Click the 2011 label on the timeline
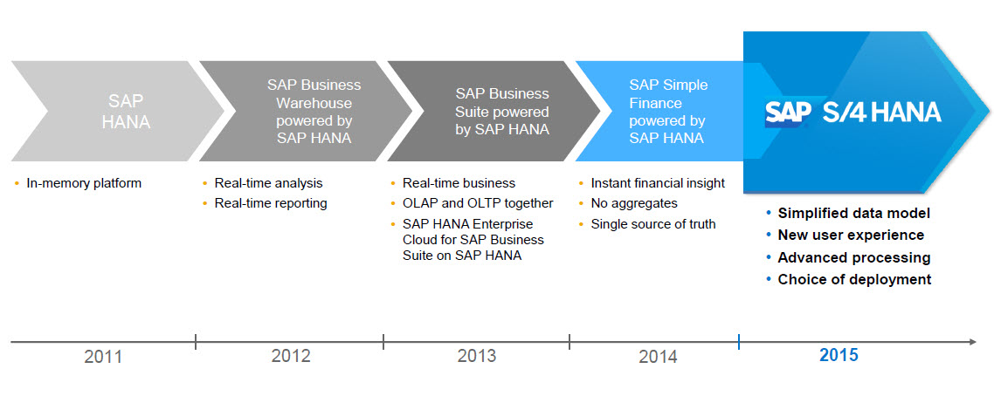[x=103, y=356]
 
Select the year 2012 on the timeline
[x=291, y=356]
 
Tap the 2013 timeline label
[x=476, y=356]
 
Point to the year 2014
[x=658, y=356]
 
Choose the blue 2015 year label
[x=839, y=355]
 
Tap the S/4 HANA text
[x=881, y=112]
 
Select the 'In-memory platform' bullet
[x=84, y=183]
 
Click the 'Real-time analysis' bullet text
[x=268, y=183]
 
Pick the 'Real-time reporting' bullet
[x=271, y=203]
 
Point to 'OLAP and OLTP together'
[x=478, y=203]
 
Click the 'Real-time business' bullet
[x=459, y=183]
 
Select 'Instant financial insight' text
[x=658, y=183]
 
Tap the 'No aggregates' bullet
[x=634, y=203]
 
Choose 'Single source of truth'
[x=653, y=224]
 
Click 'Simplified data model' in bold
[x=853, y=213]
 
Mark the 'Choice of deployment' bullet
[x=854, y=279]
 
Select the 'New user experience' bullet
[x=851, y=235]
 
